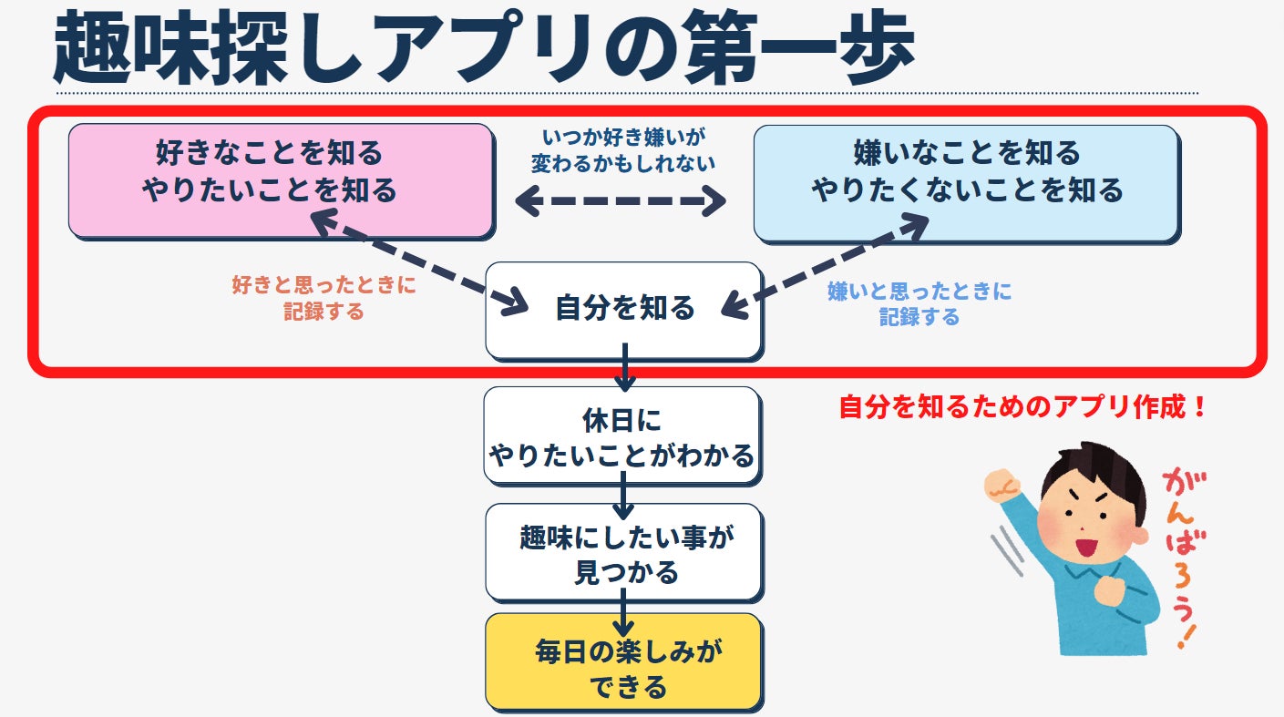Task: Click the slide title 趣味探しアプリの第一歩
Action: [483, 47]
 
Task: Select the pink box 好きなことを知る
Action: [281, 179]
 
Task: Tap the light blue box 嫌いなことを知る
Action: [965, 182]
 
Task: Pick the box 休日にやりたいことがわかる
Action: [622, 435]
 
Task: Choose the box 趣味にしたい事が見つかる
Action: [623, 552]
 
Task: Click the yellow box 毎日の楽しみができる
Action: [623, 661]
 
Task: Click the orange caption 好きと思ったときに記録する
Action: [324, 298]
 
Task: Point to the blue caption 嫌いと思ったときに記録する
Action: [919, 303]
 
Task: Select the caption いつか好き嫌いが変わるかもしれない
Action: [623, 149]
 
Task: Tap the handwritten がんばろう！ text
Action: [1179, 556]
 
